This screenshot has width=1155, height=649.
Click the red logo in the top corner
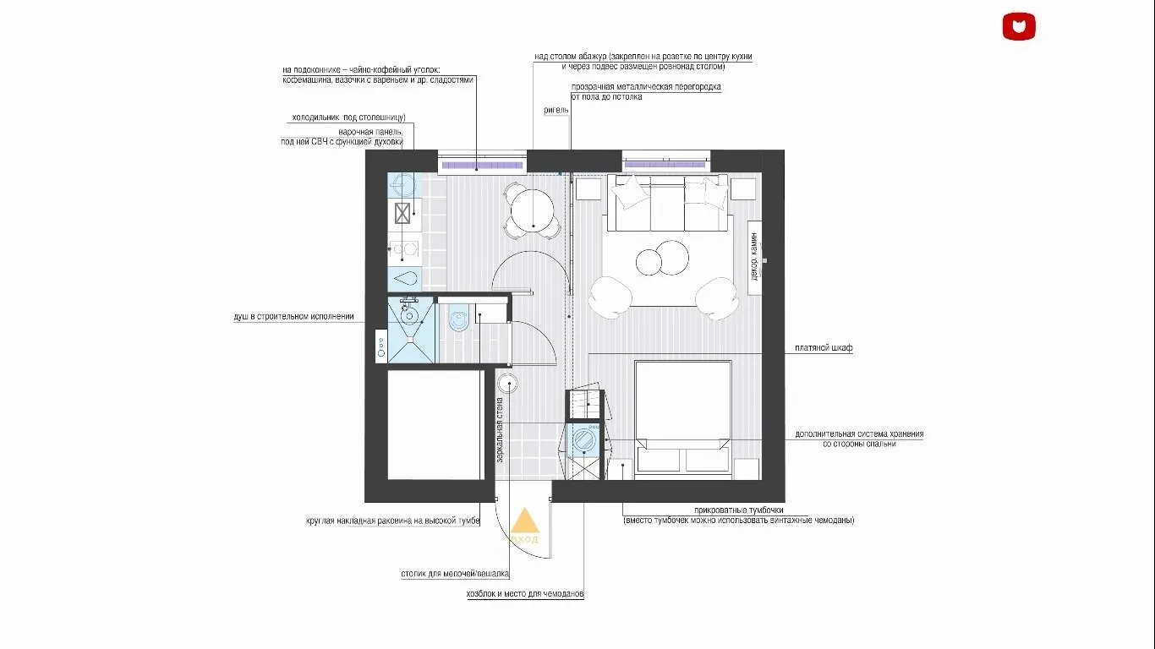click(1019, 26)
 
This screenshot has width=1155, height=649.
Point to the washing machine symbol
click(583, 441)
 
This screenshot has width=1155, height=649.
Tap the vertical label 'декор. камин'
click(755, 258)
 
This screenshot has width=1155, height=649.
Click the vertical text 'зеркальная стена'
click(501, 429)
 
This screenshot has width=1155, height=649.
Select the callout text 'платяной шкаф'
click(823, 348)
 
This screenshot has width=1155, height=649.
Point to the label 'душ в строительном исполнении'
click(293, 317)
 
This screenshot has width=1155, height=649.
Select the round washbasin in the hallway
click(508, 382)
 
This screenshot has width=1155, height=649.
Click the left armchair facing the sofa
click(610, 296)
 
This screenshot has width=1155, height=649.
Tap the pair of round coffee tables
click(661, 258)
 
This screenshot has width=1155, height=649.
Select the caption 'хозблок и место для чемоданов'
click(525, 594)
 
